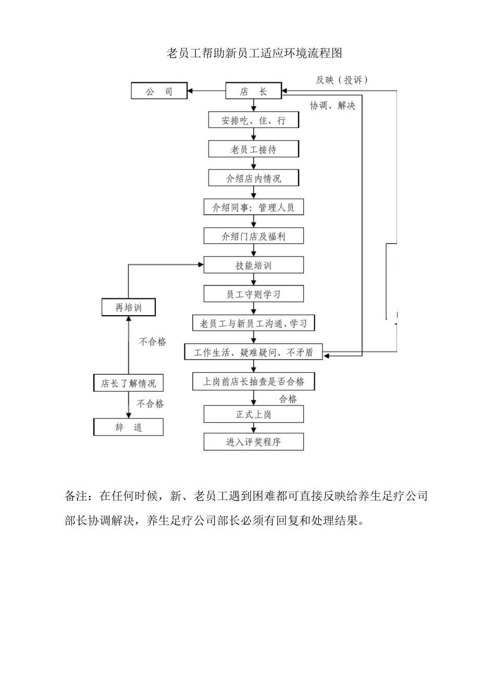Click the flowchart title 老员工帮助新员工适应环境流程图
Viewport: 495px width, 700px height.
tap(254, 53)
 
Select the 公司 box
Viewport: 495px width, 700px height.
tap(159, 92)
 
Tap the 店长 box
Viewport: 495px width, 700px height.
tap(253, 91)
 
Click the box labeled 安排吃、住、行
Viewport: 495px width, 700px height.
tap(254, 120)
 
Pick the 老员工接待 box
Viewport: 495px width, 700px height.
tap(254, 149)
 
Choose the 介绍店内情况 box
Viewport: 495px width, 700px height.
tap(254, 178)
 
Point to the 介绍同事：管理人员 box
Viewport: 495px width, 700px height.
tap(254, 207)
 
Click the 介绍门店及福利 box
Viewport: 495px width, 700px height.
tap(254, 236)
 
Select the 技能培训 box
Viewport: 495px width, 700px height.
tap(254, 265)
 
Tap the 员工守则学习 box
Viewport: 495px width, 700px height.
tap(254, 294)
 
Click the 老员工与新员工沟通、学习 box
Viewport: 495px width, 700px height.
tap(254, 323)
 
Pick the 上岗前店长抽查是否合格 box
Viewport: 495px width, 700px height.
tap(254, 382)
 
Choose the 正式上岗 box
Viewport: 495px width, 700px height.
tap(254, 415)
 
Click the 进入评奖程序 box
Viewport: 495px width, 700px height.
tap(254, 442)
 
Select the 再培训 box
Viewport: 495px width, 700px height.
tap(129, 307)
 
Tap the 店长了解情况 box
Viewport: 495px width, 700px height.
tap(129, 383)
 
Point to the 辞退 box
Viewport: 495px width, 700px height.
tap(129, 428)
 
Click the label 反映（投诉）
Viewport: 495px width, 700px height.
tap(342, 80)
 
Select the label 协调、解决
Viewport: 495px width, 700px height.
tap(332, 106)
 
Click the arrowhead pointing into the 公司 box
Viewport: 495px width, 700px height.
tap(191, 91)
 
